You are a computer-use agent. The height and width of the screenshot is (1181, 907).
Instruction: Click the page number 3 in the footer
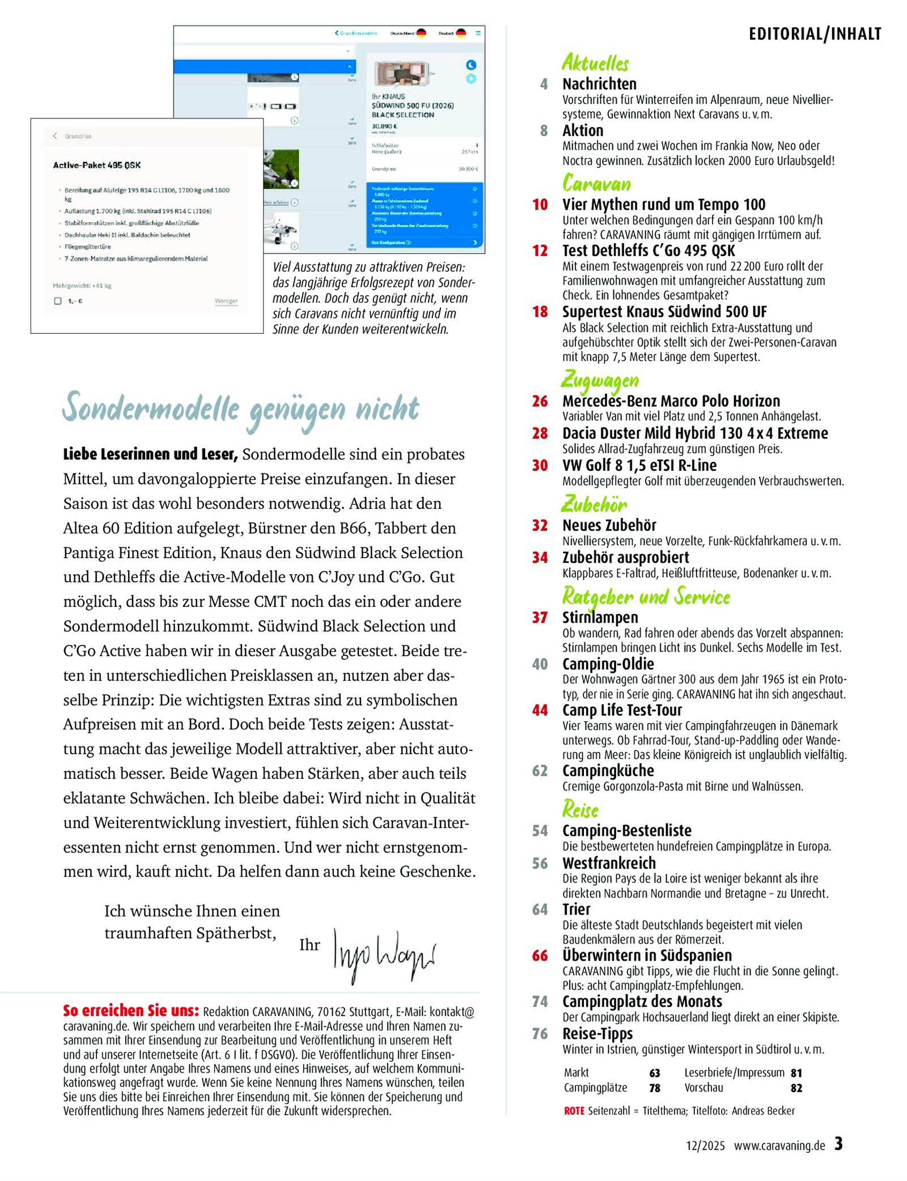point(838,1144)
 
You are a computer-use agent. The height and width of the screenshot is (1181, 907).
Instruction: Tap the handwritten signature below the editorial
point(384,955)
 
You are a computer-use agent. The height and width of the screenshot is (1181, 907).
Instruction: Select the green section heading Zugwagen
point(600,380)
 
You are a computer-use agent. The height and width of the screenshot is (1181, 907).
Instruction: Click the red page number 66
point(540,955)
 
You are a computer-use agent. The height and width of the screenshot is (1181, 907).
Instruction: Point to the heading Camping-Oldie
point(608,664)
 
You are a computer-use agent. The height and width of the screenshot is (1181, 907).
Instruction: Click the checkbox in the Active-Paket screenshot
point(58,301)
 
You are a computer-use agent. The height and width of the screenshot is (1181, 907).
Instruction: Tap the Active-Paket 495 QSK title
point(97,165)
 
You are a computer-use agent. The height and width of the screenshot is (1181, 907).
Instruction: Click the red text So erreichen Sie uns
point(131,1011)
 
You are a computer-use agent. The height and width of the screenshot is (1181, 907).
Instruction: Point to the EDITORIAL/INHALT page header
point(815,34)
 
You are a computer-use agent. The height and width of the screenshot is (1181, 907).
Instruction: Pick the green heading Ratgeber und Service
point(646,597)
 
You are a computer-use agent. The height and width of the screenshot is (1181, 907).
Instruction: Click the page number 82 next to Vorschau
point(796,1087)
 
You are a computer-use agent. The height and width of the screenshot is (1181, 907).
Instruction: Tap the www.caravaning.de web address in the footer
point(779,1145)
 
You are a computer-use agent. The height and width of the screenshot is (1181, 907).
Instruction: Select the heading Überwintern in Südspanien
point(647,955)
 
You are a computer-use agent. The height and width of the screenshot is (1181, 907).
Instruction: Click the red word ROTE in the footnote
point(574,1111)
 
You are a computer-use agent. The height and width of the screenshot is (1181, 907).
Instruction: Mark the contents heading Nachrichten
point(599,84)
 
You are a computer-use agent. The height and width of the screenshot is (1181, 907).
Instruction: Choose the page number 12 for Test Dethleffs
point(540,250)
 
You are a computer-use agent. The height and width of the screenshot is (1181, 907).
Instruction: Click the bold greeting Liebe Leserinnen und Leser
point(150,454)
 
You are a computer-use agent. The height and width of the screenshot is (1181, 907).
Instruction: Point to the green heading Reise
point(580,810)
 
